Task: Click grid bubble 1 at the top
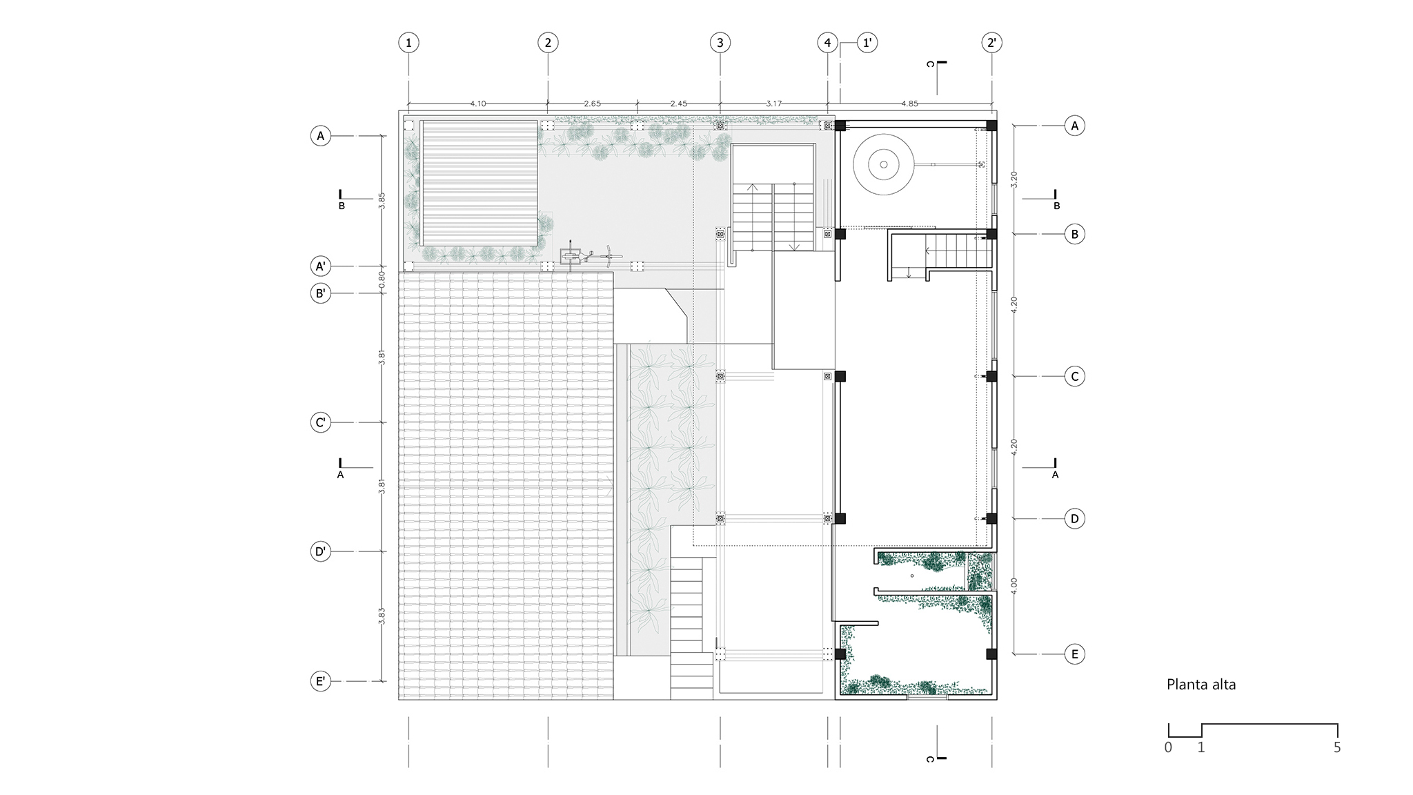tap(408, 43)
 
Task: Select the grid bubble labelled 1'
tap(867, 43)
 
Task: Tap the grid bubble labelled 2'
tap(991, 43)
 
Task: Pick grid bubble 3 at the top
tap(720, 43)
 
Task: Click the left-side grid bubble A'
tap(320, 266)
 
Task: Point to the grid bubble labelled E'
tap(320, 682)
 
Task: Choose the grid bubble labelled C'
tap(320, 422)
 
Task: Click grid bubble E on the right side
tap(1074, 654)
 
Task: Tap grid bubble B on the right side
tap(1074, 235)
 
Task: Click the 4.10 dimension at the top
tap(478, 104)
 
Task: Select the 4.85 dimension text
tap(909, 104)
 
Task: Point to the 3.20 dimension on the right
tap(1014, 179)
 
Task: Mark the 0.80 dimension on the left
tap(382, 279)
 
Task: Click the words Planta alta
tap(1201, 685)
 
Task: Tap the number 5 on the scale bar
tap(1337, 747)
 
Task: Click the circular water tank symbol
tap(883, 165)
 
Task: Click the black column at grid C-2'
tap(991, 376)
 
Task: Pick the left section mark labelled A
tap(340, 469)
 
